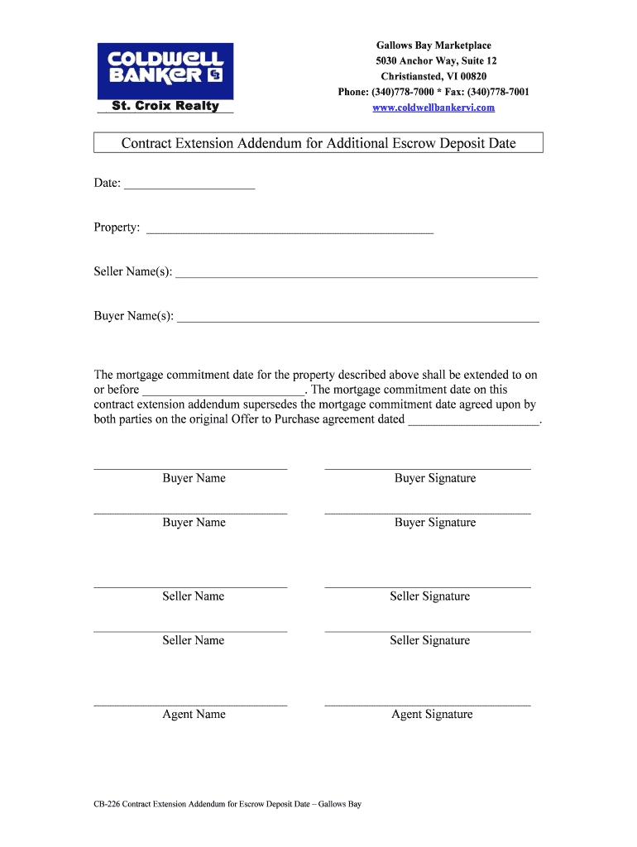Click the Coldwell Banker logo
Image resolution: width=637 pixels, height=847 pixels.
165,69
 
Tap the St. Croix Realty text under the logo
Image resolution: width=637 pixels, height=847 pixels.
165,106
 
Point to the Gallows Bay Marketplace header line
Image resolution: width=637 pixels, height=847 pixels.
433,45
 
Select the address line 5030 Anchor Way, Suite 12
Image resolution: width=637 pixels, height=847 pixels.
433,61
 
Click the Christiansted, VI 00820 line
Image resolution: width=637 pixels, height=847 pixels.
433,76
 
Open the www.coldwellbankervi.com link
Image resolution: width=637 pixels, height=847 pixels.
433,108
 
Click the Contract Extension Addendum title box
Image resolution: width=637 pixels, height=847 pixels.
318,143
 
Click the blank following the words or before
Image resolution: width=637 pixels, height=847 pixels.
223,390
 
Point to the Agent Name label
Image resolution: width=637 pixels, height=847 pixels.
194,715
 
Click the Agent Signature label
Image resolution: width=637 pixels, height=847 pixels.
432,715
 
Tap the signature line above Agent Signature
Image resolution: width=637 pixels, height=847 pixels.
428,705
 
